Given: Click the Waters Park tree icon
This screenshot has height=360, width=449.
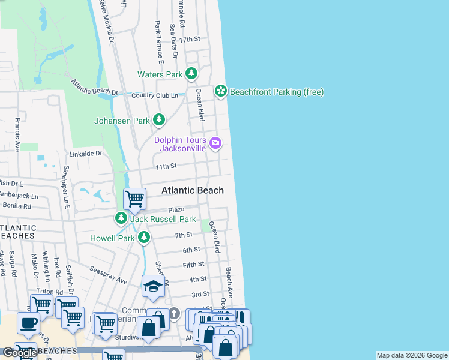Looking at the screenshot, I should pos(191,74).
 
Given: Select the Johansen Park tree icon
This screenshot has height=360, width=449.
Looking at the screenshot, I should pos(159,121).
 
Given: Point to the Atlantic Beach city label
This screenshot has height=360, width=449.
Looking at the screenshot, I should pos(192,190).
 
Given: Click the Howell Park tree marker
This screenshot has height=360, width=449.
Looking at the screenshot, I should pos(143,238).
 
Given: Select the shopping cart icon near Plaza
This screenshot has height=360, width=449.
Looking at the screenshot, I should pos(135,198).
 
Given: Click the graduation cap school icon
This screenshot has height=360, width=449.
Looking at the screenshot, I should pos(153,287).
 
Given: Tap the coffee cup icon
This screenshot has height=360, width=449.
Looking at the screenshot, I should pos(28,323).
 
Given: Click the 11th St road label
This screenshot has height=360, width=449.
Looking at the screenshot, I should pos(166,166).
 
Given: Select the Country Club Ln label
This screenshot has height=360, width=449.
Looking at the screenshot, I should pos(155,95).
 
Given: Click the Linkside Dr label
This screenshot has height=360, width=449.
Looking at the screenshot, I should pos(86,154).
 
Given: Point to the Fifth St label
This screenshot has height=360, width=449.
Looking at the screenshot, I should pos(194,265).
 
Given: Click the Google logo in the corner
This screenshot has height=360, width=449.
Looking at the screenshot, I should pos(19,353).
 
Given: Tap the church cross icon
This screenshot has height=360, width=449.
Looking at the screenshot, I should pos(174,313).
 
